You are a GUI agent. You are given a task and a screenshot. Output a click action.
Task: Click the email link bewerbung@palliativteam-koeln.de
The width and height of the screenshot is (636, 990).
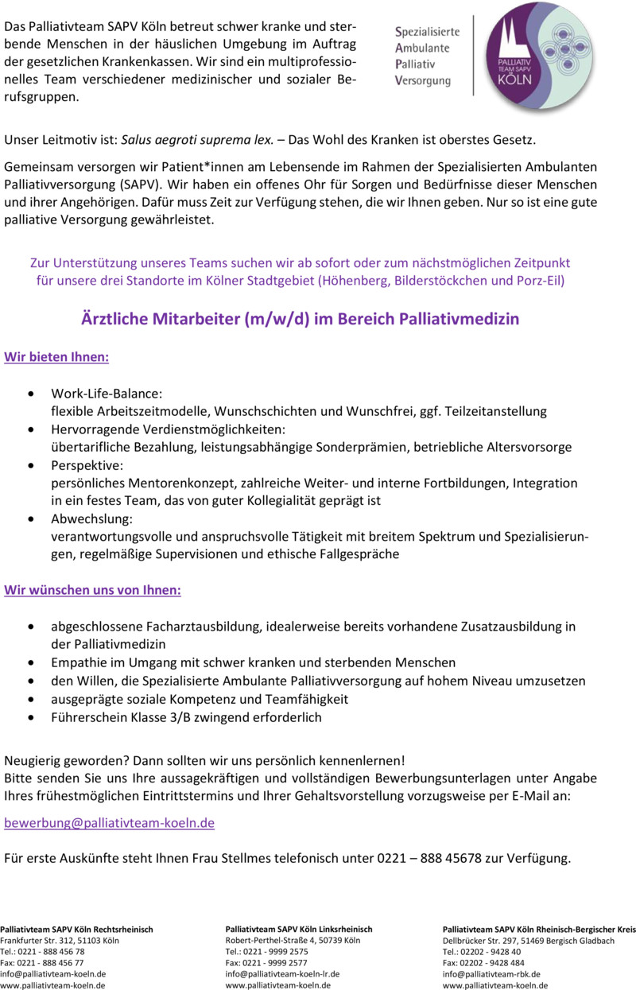point(110,823)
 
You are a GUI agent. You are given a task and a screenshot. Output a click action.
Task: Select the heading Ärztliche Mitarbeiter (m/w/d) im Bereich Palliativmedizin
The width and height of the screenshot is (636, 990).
point(301,319)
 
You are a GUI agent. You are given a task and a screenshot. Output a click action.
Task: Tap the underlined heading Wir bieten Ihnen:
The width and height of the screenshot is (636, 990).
point(57,357)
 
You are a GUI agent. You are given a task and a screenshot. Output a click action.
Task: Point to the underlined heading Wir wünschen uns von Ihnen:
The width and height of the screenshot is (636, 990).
point(93,591)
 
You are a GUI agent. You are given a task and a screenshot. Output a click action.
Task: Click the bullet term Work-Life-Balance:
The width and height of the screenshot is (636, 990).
point(107,394)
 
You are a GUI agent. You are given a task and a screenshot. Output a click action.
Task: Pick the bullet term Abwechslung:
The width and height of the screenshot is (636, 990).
point(91,518)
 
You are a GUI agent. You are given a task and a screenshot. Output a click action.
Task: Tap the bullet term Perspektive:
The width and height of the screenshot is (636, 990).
point(87,465)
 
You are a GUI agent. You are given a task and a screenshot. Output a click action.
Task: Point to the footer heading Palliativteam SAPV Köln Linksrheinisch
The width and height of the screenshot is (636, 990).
point(299,929)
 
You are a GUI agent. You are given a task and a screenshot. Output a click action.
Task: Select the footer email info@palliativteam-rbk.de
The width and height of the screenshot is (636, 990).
point(492,973)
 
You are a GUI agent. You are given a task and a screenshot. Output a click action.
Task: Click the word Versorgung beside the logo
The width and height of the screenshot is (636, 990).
point(423,81)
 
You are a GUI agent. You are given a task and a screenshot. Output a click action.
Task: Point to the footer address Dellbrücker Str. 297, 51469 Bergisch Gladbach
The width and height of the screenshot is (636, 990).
point(529,940)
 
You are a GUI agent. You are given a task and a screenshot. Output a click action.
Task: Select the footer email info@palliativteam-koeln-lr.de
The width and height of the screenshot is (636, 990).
point(283,973)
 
